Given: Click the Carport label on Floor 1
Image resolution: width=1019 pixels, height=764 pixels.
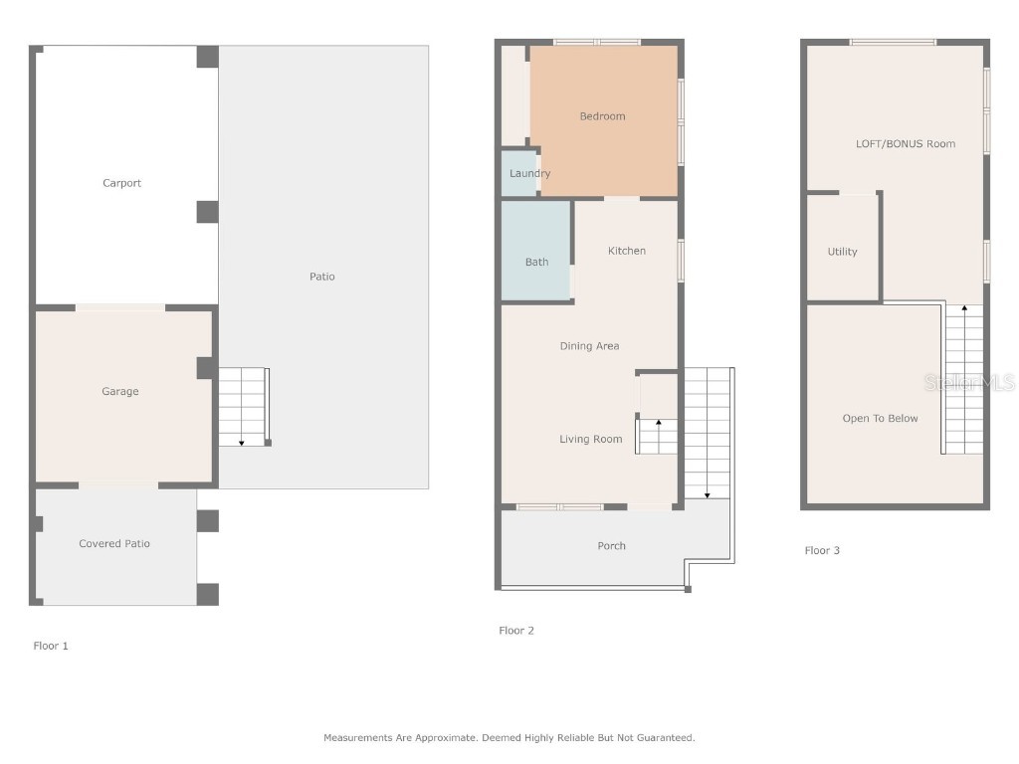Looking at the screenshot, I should (x=122, y=183).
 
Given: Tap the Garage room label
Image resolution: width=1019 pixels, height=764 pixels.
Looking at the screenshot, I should (x=120, y=392).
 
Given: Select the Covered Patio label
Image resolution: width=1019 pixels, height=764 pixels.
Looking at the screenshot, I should (x=115, y=544).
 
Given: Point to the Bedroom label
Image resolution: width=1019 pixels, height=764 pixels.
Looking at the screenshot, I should (x=603, y=116).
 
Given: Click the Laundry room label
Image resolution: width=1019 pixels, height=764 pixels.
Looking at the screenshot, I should (x=529, y=174).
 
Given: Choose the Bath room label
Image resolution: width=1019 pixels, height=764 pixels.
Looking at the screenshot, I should (x=536, y=263).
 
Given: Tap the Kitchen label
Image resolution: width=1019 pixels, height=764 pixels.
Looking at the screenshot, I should (x=627, y=251).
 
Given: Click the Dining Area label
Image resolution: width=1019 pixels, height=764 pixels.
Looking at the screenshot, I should (x=589, y=346).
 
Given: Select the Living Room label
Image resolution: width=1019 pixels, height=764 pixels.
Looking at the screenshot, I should (x=591, y=440).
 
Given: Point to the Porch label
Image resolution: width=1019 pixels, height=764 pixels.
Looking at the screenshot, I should (x=612, y=546).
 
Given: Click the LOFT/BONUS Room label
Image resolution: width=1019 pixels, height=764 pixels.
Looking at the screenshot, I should (x=906, y=144).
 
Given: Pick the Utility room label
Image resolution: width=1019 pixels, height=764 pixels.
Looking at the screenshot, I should (x=842, y=253).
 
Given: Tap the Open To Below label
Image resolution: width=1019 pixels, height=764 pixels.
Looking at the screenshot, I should (x=881, y=419).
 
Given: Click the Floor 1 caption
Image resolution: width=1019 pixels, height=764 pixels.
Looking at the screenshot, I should (x=51, y=647).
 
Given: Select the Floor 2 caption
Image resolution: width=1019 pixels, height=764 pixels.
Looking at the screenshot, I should (x=516, y=631).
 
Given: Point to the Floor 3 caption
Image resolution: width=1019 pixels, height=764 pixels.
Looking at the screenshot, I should (x=822, y=551).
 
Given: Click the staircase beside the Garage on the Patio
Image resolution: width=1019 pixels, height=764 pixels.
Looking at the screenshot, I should (x=243, y=407).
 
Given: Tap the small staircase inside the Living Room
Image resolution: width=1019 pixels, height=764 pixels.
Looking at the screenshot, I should (x=658, y=436).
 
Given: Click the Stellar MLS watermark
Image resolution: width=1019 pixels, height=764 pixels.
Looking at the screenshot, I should (x=969, y=382).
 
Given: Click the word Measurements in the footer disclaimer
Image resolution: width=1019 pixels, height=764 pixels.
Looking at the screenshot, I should (x=351, y=738).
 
